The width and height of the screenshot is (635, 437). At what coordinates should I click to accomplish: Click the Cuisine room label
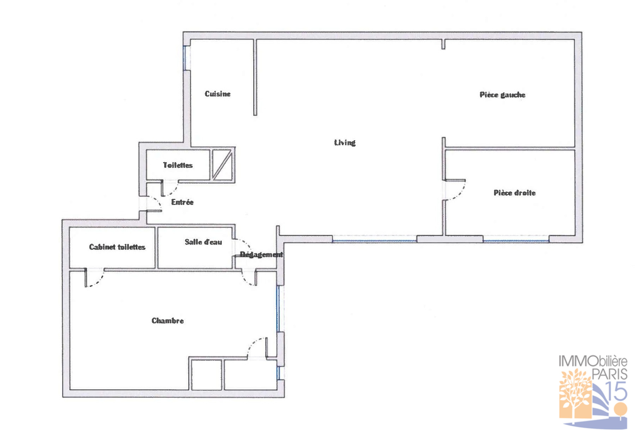(x=218, y=94)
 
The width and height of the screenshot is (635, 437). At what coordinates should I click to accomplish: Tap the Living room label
(x=345, y=142)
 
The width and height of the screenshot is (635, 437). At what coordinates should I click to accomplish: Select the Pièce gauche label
(x=502, y=95)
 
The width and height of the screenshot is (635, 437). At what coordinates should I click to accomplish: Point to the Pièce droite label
(x=514, y=193)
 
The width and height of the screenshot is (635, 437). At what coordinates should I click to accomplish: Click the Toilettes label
(x=178, y=165)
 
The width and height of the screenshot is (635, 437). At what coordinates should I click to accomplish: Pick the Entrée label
(x=182, y=202)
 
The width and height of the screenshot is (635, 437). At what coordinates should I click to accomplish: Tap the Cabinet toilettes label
(x=117, y=247)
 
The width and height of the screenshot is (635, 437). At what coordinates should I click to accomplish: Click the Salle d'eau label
(x=203, y=242)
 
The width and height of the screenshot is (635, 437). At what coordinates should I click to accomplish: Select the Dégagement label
(x=261, y=254)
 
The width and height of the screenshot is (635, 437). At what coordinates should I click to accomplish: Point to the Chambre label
(x=167, y=320)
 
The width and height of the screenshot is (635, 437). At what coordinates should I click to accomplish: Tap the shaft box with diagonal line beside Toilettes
(x=222, y=165)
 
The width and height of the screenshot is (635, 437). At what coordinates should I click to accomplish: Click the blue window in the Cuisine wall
(x=184, y=58)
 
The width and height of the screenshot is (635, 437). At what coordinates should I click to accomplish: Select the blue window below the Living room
(x=374, y=241)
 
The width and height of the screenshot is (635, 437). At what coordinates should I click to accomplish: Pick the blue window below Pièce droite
(x=516, y=241)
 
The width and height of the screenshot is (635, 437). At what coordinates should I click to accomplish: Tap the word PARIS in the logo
(x=609, y=374)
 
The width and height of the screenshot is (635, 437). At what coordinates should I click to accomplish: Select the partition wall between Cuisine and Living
(x=255, y=77)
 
